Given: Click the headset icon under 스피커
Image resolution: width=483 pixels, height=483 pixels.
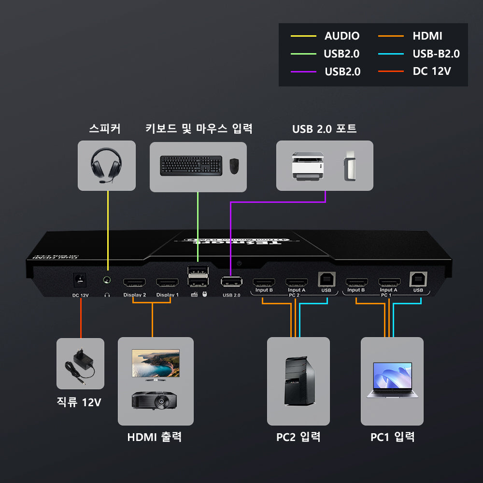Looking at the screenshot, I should tap(106, 165).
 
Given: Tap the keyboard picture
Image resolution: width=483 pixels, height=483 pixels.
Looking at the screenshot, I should tap(191, 165).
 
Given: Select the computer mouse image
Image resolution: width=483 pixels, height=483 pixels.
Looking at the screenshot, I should tap(234, 166).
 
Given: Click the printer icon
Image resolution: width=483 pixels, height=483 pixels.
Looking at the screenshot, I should tap(307, 166).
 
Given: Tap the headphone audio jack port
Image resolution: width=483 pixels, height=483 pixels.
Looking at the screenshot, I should tap(107, 280).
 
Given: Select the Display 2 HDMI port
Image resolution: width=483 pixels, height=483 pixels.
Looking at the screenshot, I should tap(135, 283).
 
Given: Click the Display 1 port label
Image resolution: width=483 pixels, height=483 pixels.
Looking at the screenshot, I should tap(167, 295).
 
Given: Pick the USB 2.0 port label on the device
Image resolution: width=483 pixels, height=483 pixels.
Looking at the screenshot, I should tap(231, 295).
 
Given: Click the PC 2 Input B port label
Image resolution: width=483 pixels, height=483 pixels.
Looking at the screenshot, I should tap(264, 290).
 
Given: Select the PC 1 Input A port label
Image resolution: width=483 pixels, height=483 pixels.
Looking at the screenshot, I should tap(389, 290).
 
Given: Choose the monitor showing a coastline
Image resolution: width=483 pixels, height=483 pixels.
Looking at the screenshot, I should tap(156, 364).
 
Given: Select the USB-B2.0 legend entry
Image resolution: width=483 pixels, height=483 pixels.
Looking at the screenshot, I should tap(436, 54).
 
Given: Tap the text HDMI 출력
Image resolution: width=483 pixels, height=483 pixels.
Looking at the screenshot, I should tap(155, 437).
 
